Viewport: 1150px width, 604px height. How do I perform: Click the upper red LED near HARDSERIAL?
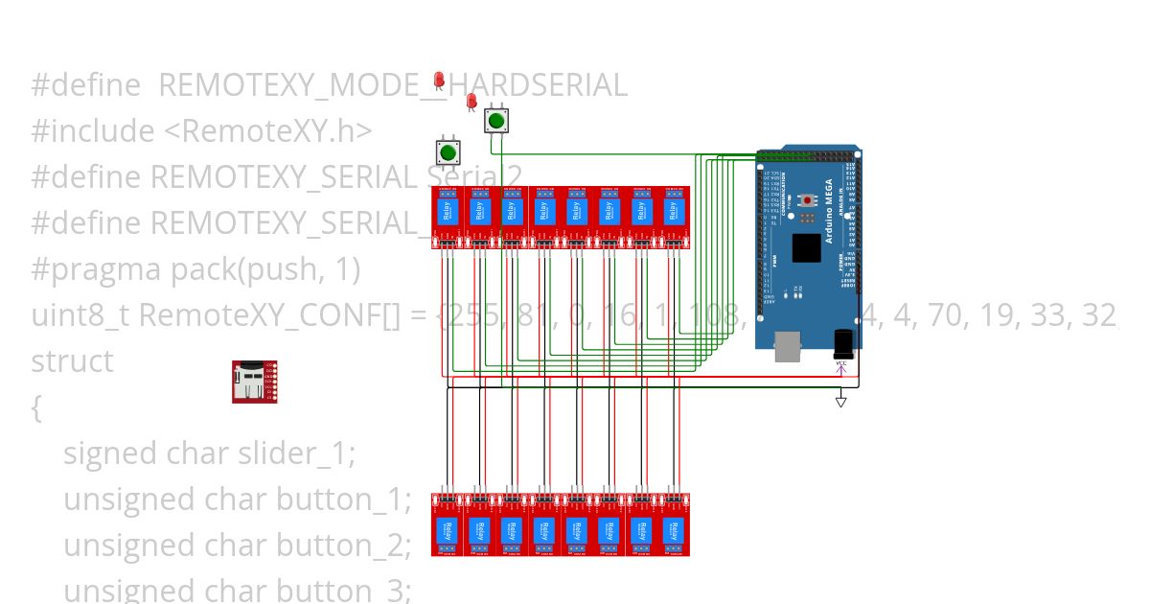(439, 80)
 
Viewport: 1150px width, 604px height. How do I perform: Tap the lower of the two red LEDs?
(471, 102)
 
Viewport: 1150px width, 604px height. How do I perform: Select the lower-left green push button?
(447, 151)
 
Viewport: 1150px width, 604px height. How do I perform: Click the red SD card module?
(254, 382)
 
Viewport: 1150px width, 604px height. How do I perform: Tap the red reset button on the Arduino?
(807, 200)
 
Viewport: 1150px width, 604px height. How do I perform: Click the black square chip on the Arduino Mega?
(806, 248)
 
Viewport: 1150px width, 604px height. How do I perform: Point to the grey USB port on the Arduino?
(787, 347)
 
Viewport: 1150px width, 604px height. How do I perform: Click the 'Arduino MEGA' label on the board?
(829, 210)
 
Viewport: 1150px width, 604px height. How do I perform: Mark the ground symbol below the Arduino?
(841, 401)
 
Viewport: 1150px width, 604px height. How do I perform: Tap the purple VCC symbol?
(841, 366)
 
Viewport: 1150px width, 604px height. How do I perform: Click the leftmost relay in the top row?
(447, 217)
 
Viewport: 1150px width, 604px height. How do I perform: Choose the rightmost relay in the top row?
(674, 217)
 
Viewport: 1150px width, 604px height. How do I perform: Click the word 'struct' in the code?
(72, 361)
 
